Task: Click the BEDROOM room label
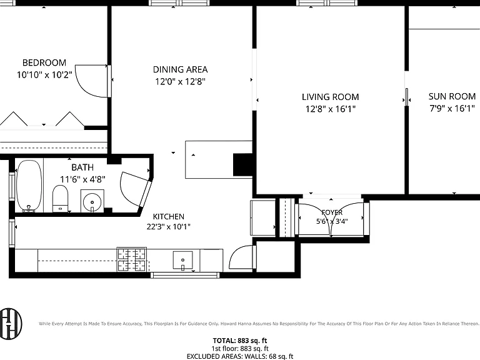(44, 62)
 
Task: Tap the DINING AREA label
(180, 69)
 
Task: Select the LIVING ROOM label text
(330, 97)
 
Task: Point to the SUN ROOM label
(452, 96)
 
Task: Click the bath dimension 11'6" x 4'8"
(82, 179)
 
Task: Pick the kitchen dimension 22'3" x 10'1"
(168, 226)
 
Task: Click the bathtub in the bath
(29, 186)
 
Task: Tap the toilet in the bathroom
(60, 198)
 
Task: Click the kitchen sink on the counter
(182, 260)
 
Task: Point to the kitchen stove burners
(132, 259)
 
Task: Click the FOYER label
(332, 212)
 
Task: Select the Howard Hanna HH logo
(11, 324)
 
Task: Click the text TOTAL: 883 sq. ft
(240, 341)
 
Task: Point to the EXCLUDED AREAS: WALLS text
(226, 356)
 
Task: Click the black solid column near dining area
(242, 165)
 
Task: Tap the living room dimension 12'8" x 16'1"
(331, 109)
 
